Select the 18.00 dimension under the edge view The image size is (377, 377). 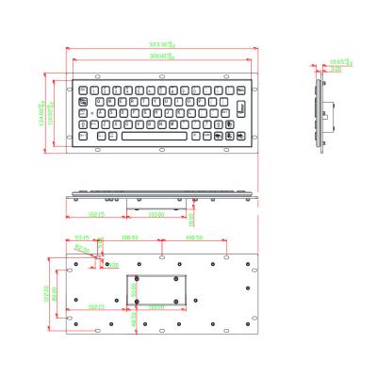pyautogui.click(x=191, y=218)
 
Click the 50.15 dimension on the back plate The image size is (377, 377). pyautogui.click(x=82, y=238)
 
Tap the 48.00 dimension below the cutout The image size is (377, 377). pyautogui.click(x=135, y=320)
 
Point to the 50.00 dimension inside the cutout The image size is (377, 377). pyautogui.click(x=135, y=292)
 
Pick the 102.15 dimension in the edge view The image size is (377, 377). pyautogui.click(x=95, y=214)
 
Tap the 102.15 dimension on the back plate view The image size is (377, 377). pyautogui.click(x=95, y=306)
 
